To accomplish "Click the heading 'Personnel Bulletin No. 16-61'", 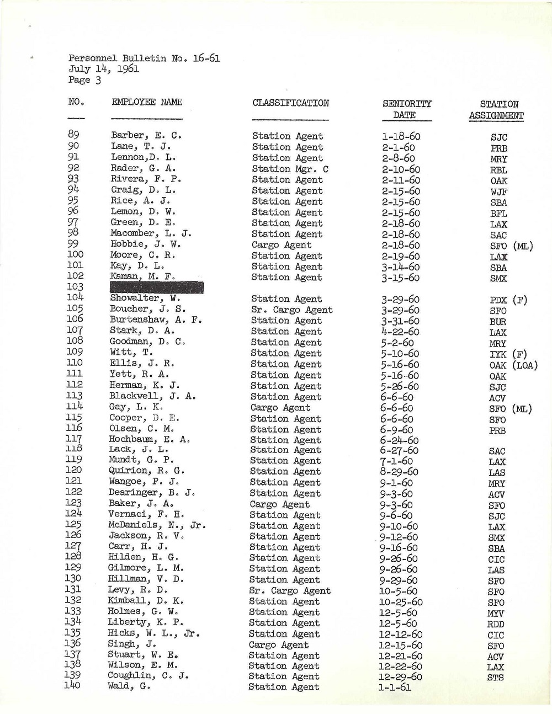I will [144, 58].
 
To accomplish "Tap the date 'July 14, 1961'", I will [104, 69].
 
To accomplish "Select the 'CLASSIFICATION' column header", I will [290, 103].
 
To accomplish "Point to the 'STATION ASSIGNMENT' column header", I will [496, 110].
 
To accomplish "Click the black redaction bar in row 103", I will [157, 287].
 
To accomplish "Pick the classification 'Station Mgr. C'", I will [290, 169].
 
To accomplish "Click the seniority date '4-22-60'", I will [400, 332].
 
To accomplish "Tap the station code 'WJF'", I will [498, 191].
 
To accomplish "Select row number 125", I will [73, 525].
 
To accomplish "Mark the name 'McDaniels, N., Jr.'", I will [157, 525].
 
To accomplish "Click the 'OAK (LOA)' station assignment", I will [513, 365].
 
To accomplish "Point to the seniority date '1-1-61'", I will [395, 688].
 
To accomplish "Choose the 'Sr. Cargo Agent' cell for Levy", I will [290, 590].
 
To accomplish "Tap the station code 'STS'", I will [495, 678].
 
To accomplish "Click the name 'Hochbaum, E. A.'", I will [150, 439].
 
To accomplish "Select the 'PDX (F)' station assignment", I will [508, 301].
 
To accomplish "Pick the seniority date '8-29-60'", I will [399, 472].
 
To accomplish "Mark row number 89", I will [74, 135].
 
